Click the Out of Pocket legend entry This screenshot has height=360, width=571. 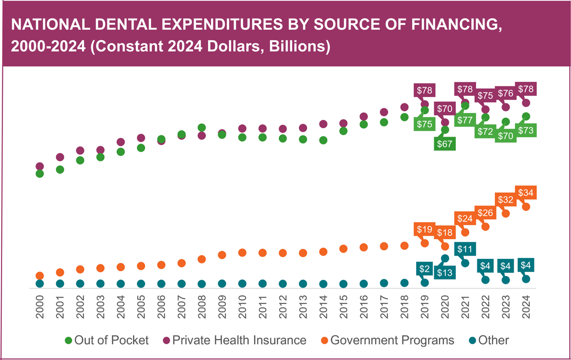click(107, 340)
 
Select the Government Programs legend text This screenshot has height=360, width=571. click(392, 340)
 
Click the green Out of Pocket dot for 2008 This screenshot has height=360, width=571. click(202, 128)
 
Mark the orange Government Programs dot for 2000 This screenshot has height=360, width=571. click(40, 276)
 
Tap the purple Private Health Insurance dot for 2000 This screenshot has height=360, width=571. click(40, 166)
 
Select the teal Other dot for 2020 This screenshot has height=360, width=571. click(445, 258)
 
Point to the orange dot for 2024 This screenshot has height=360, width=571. click(526, 206)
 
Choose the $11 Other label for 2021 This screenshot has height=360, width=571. click(465, 249)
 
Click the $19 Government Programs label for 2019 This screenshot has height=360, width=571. click(425, 229)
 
